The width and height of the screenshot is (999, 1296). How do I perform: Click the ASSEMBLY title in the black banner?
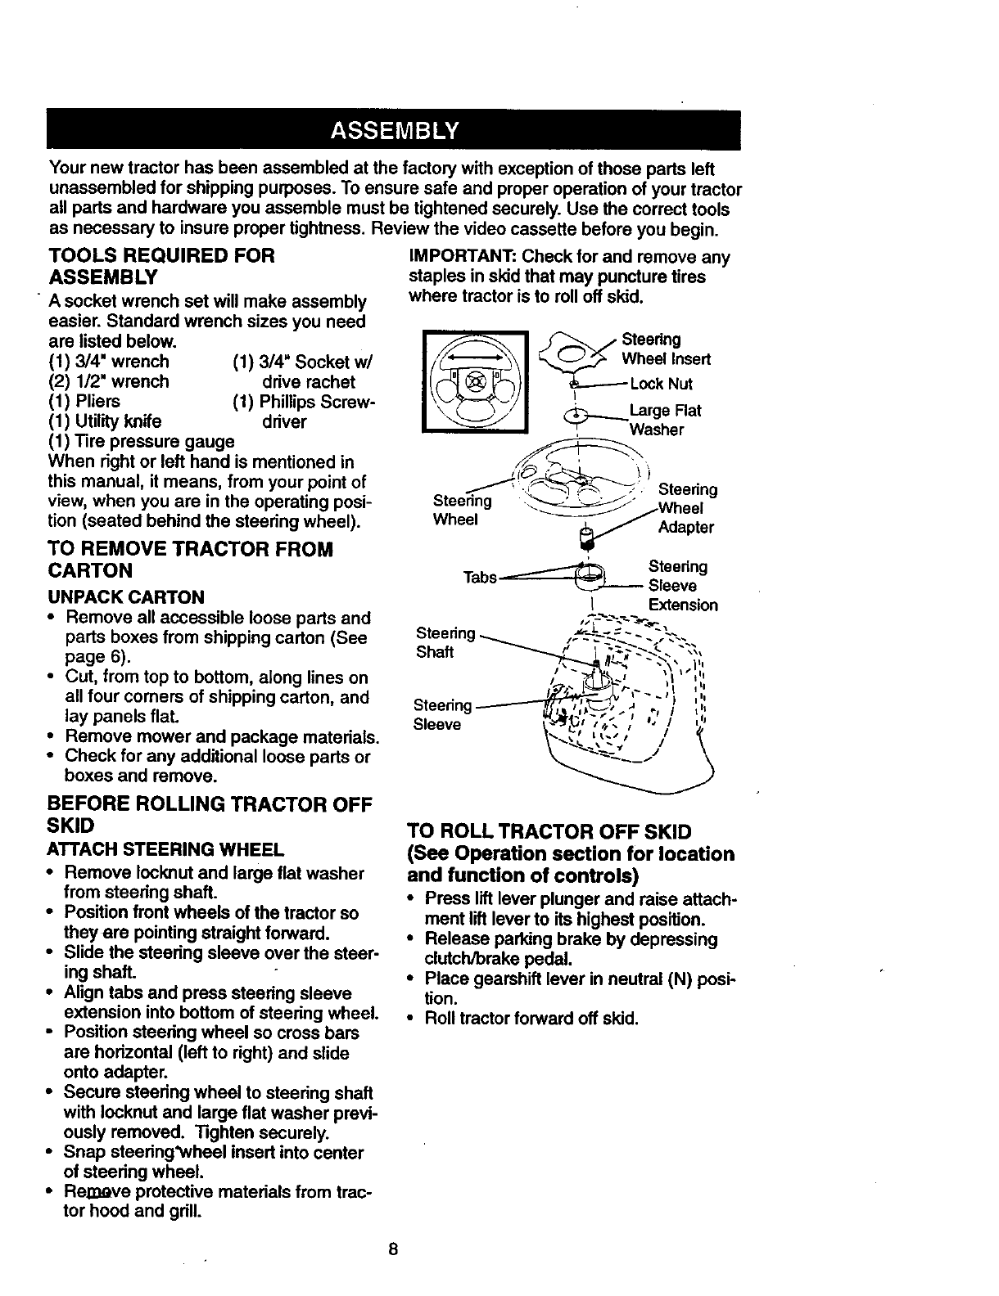tap(394, 131)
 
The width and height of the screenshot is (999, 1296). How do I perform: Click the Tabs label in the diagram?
tap(480, 578)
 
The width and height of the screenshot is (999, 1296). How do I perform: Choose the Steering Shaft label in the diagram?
tap(445, 642)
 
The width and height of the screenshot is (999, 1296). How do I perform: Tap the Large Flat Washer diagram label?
tap(665, 420)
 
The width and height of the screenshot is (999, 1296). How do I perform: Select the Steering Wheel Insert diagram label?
tap(666, 349)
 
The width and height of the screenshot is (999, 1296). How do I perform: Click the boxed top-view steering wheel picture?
tap(476, 381)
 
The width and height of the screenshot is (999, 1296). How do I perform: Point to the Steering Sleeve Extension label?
tap(682, 586)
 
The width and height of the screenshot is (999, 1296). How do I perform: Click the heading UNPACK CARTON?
tap(126, 597)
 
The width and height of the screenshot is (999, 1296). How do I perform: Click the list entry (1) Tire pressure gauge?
tap(142, 442)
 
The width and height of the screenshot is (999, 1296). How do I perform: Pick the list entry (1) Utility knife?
tap(105, 421)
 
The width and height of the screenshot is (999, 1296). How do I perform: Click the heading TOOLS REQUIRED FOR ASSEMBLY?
tap(162, 266)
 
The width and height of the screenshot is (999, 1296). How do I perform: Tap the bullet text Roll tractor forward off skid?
tap(531, 1019)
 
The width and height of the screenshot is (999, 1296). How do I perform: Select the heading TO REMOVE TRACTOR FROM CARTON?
tap(191, 559)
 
